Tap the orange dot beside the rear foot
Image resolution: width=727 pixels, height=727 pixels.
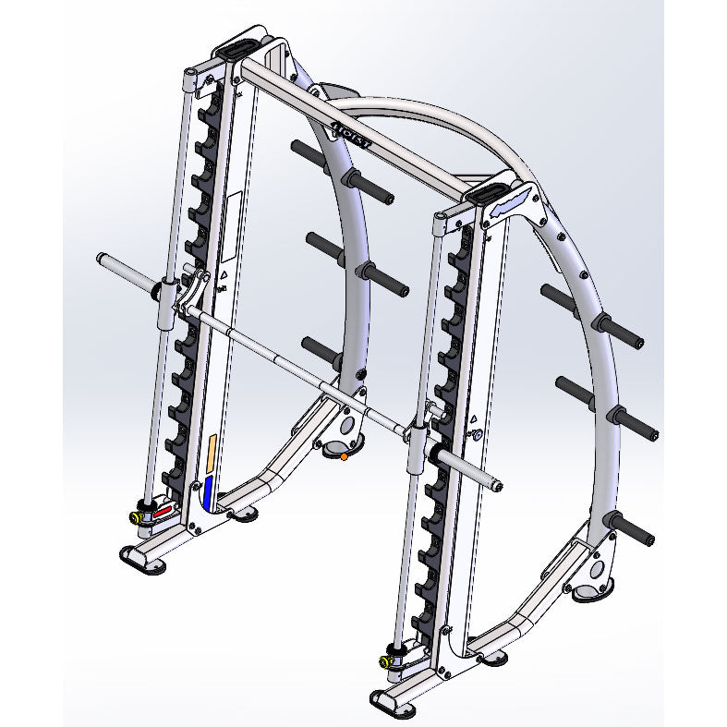[344, 455]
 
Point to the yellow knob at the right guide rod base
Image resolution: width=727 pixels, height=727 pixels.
[382, 661]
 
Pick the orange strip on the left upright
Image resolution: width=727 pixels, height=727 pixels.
[213, 453]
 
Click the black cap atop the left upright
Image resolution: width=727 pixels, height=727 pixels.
[242, 47]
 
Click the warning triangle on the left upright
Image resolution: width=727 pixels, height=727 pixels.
[223, 274]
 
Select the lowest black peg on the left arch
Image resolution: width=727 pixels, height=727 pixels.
[321, 348]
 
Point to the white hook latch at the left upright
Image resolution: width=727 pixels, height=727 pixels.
[193, 289]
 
